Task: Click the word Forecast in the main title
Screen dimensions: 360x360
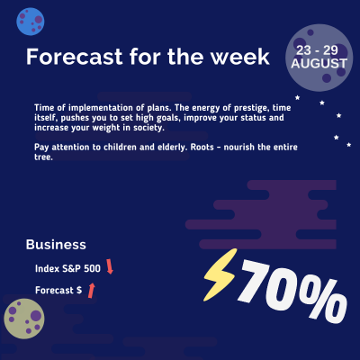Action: coord(68,57)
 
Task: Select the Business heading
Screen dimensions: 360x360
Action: coord(56,244)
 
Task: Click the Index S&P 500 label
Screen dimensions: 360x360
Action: coord(67,268)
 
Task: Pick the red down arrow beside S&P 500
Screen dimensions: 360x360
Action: coord(110,266)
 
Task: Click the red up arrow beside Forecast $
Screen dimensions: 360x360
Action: coord(90,290)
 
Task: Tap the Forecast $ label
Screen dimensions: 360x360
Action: coord(58,291)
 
